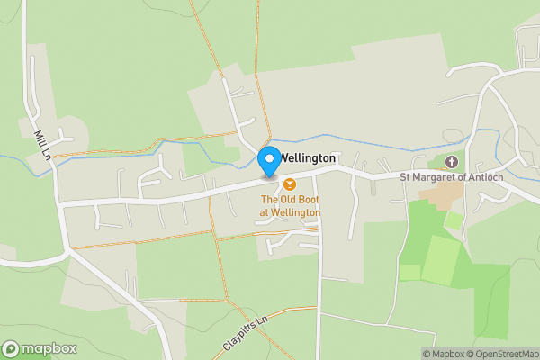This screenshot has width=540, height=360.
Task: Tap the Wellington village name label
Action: pos(308,158)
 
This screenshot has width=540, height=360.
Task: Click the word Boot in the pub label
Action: pos(308,199)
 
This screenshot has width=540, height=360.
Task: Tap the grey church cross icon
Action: pos(451,162)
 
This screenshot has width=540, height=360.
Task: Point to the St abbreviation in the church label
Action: pos(406,177)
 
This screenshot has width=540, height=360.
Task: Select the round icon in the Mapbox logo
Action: pos(11,348)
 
